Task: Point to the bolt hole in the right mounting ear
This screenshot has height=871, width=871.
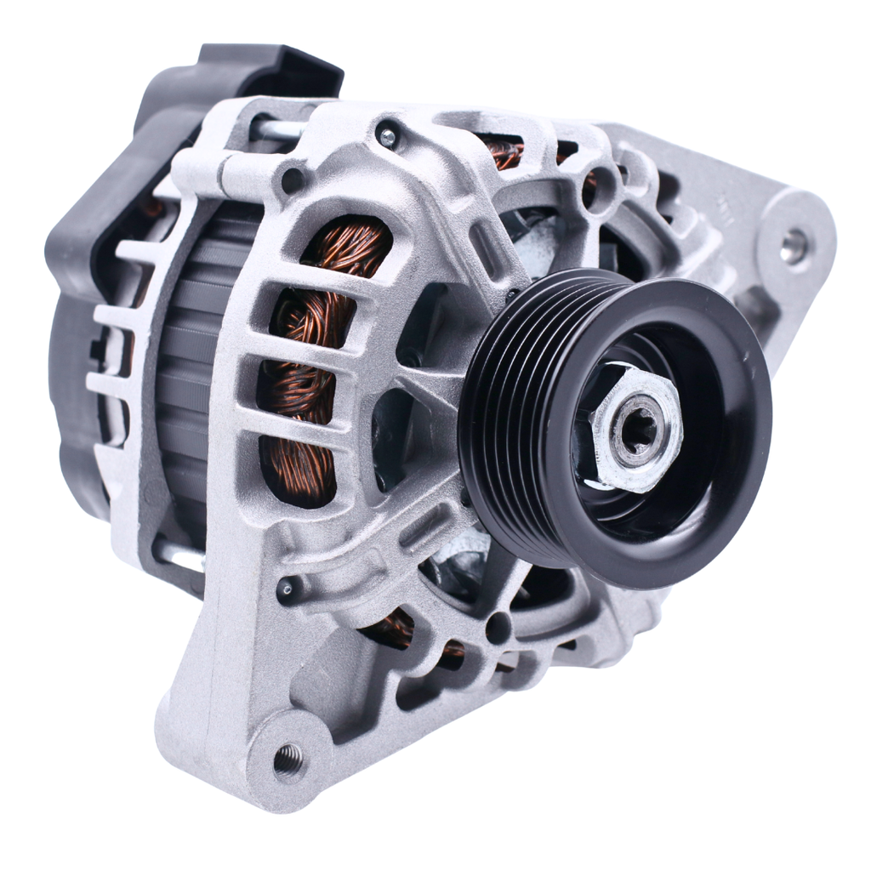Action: tap(792, 246)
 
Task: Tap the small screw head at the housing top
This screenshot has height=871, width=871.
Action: tap(388, 134)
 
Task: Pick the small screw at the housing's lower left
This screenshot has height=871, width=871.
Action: tap(287, 586)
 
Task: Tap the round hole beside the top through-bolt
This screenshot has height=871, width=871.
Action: tap(293, 179)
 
